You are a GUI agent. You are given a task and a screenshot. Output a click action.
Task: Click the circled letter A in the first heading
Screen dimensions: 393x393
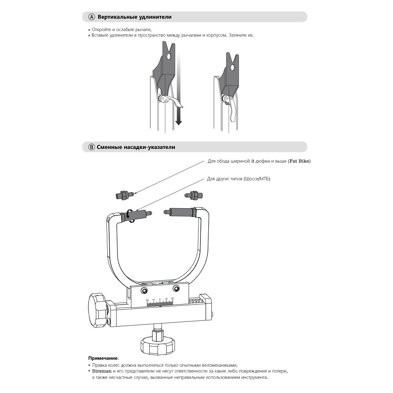[x=92, y=17]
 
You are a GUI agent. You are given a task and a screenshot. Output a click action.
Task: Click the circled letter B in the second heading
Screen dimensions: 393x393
[x=92, y=147]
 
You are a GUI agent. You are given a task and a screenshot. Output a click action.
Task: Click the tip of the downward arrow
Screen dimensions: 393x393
[x=178, y=123]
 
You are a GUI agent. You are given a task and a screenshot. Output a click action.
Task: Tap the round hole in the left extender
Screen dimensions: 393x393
[x=169, y=57]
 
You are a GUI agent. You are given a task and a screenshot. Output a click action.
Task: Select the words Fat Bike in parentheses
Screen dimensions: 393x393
[x=299, y=161]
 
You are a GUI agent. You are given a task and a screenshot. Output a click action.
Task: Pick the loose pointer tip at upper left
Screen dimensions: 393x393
[x=125, y=194]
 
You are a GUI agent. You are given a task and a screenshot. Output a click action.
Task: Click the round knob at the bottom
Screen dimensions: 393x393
[x=157, y=345]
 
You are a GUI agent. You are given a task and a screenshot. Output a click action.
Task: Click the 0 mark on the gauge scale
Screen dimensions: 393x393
[x=160, y=299]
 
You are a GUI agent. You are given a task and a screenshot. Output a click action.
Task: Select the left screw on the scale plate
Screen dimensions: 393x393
[x=144, y=290]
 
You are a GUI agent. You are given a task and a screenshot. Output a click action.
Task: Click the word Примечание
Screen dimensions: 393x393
[x=103, y=358]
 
